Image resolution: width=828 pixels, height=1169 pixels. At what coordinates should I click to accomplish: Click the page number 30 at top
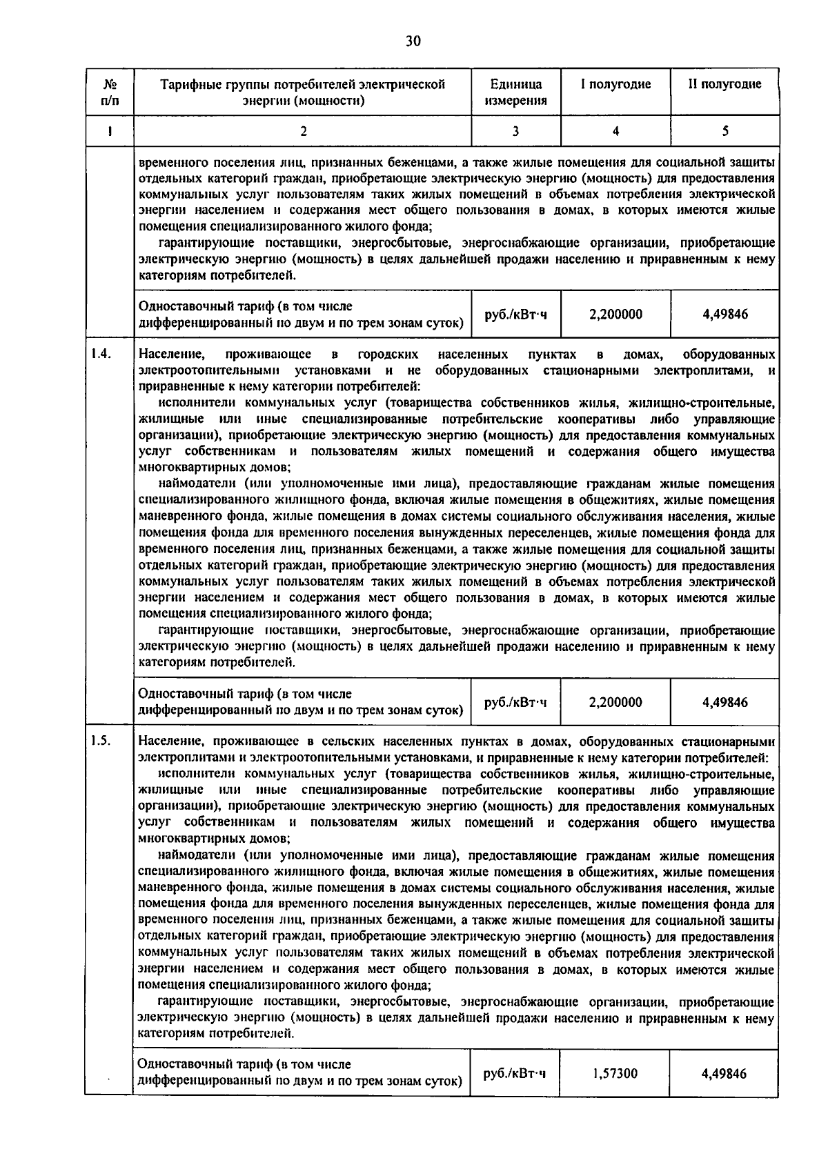413,41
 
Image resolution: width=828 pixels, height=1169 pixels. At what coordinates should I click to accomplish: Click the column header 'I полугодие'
615,84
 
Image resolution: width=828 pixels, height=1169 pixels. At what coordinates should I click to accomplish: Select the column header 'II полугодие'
724,84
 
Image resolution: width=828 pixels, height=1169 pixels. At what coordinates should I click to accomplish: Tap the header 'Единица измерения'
515,92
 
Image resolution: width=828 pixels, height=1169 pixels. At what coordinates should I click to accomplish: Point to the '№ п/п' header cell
109,92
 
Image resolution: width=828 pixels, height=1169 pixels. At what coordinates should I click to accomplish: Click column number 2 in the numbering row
302,131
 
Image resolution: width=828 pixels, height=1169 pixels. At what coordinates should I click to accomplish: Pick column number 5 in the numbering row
724,131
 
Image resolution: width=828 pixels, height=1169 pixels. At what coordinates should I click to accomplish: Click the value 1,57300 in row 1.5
615,1074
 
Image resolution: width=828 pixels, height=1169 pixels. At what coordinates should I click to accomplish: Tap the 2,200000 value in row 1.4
615,702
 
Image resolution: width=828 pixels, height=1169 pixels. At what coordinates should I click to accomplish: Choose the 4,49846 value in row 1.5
724,1074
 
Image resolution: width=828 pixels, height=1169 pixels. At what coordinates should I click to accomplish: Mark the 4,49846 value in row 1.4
724,702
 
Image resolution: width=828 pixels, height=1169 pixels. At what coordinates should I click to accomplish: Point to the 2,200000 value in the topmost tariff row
615,314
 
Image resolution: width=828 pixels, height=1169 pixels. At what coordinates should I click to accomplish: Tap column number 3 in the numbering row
515,131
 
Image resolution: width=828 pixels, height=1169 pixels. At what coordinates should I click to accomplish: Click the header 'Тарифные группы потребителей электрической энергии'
302,92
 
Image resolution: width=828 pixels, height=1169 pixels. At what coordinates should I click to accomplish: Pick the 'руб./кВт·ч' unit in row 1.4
515,702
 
